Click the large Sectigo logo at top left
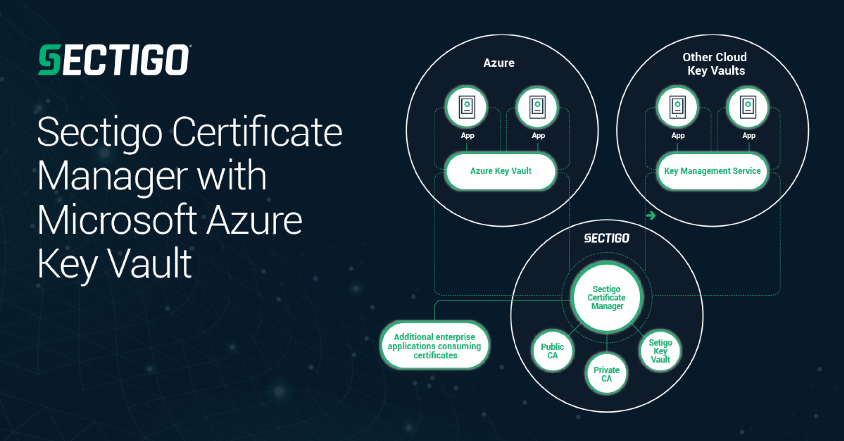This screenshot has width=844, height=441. (114, 59)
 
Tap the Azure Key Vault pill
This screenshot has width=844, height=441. (501, 171)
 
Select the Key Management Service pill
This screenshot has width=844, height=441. (712, 171)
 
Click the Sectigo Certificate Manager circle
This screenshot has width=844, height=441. (607, 297)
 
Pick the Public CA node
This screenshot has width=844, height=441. (552, 351)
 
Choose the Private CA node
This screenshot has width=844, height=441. (607, 374)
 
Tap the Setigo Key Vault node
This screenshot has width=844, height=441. (660, 351)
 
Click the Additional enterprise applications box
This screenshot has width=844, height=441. (435, 346)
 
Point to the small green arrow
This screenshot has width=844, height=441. (651, 215)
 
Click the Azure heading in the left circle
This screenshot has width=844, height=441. (499, 63)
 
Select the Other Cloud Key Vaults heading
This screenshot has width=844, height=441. (715, 64)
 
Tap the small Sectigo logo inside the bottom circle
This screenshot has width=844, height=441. (607, 238)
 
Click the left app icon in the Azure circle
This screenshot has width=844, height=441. (467, 107)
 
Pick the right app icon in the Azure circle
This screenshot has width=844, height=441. (537, 107)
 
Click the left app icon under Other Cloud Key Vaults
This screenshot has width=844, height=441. (677, 107)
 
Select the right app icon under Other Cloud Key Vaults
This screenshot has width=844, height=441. (748, 107)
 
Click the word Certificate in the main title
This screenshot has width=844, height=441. (257, 132)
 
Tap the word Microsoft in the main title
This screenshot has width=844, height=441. (117, 220)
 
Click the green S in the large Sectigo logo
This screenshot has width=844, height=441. (50, 59)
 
